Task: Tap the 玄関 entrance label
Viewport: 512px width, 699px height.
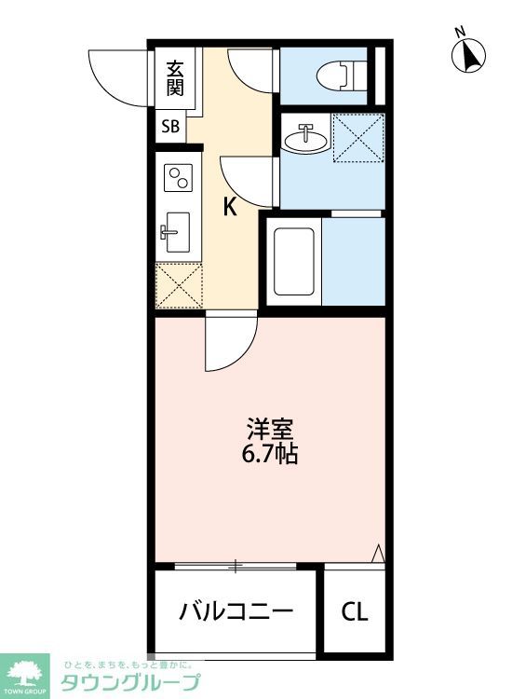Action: (x=175, y=78)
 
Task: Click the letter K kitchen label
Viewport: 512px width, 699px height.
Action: (x=229, y=207)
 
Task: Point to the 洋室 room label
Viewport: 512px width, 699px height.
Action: (x=271, y=431)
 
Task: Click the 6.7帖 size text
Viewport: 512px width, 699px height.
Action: (x=271, y=457)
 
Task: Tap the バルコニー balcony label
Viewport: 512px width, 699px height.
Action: (x=236, y=612)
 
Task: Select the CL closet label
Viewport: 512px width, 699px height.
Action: (x=354, y=612)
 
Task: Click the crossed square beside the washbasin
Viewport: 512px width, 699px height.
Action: (x=359, y=138)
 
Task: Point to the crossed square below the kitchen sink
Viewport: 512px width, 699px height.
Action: (x=177, y=284)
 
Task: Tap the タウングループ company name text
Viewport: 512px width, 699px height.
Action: (x=129, y=682)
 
